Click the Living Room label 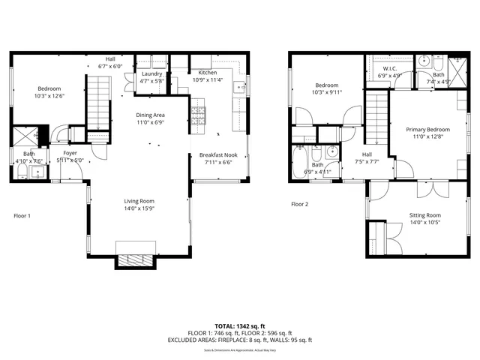pyautogui.click(x=139, y=201)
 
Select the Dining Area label pyautogui.click(x=150, y=115)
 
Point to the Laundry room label pyautogui.click(x=151, y=74)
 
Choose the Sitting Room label pyautogui.click(x=425, y=215)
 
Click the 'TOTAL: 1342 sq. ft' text pyautogui.click(x=239, y=326)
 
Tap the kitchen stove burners pyautogui.click(x=198, y=115)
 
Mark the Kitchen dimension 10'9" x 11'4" pyautogui.click(x=208, y=79)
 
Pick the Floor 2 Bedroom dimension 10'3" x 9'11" pyautogui.click(x=328, y=92)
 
